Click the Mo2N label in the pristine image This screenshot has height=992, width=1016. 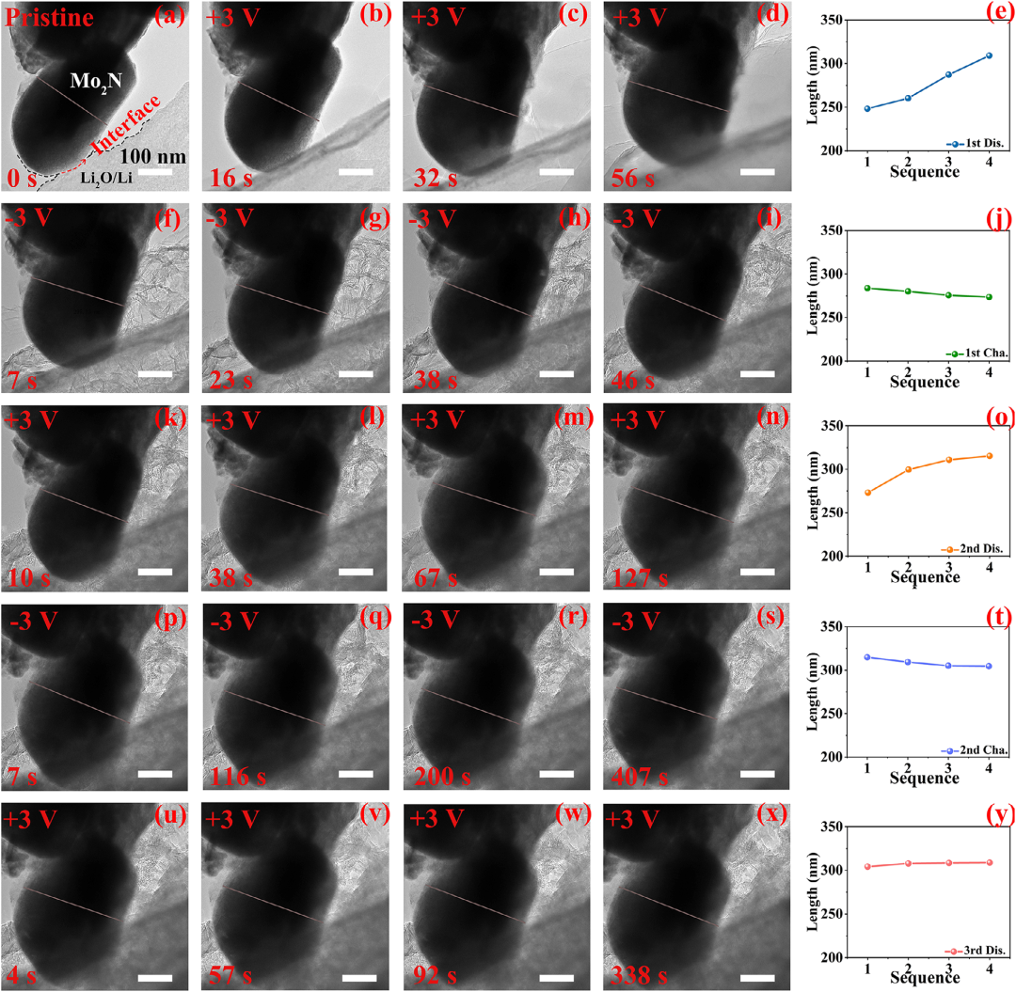(x=96, y=83)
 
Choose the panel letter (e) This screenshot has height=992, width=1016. (x=998, y=13)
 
